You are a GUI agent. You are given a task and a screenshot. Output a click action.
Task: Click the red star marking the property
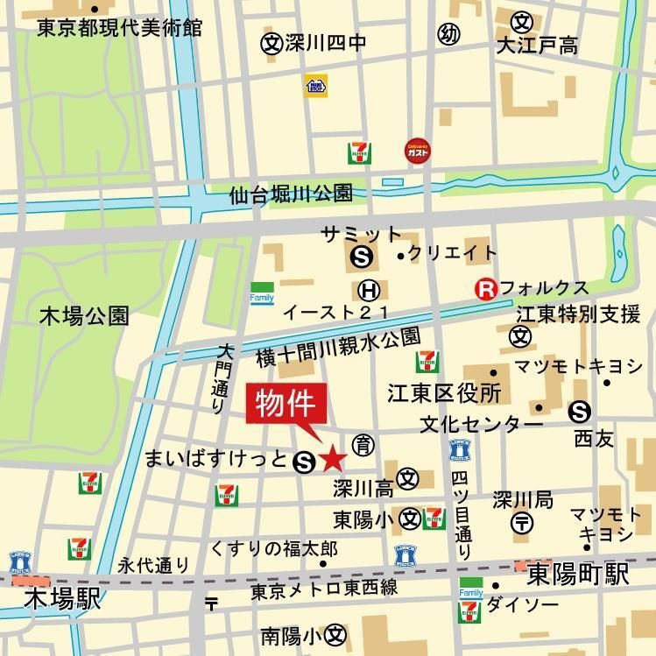click(333, 458)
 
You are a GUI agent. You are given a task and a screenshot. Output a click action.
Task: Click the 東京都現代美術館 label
click(120, 28)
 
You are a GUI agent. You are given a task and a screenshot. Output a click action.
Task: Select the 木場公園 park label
click(84, 316)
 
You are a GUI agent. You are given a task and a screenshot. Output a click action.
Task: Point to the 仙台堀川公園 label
click(291, 194)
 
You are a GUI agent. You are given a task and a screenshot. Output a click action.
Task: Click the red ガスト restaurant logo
click(417, 151)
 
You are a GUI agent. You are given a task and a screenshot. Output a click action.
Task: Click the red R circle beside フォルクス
click(484, 288)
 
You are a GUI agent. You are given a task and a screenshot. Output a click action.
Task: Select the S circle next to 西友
click(579, 411)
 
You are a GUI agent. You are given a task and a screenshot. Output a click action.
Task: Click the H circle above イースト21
click(370, 290)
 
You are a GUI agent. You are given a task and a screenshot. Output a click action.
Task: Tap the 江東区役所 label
click(444, 392)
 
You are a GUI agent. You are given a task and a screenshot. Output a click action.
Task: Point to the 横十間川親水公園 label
click(338, 348)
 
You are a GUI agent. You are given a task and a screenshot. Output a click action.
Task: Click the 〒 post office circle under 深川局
click(521, 524)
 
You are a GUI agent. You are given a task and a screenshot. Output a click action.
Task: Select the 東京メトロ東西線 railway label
click(324, 591)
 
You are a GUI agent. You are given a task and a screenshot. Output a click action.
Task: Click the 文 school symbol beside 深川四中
click(272, 42)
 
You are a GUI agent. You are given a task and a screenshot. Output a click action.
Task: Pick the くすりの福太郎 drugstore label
click(273, 549)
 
